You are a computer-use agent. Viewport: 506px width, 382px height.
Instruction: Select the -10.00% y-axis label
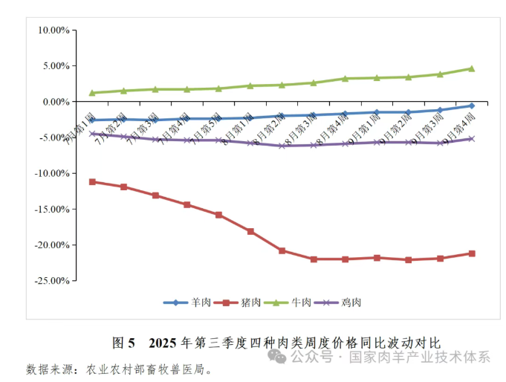52,173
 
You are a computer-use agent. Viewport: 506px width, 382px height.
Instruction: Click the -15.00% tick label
52,209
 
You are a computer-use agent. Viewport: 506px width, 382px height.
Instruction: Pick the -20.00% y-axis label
52,245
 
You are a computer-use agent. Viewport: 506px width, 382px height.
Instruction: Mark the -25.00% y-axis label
52,280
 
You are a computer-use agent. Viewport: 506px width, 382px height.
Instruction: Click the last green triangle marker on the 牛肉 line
471,68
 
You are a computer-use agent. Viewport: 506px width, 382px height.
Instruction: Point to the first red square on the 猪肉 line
92,181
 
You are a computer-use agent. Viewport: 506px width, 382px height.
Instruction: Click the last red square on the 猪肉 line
471,253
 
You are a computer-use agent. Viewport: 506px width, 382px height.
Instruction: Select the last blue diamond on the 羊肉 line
471,106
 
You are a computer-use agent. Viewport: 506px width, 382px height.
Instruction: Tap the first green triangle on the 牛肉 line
92,93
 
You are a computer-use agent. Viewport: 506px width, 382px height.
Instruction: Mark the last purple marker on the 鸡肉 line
471,139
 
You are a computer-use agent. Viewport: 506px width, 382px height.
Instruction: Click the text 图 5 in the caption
123,343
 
